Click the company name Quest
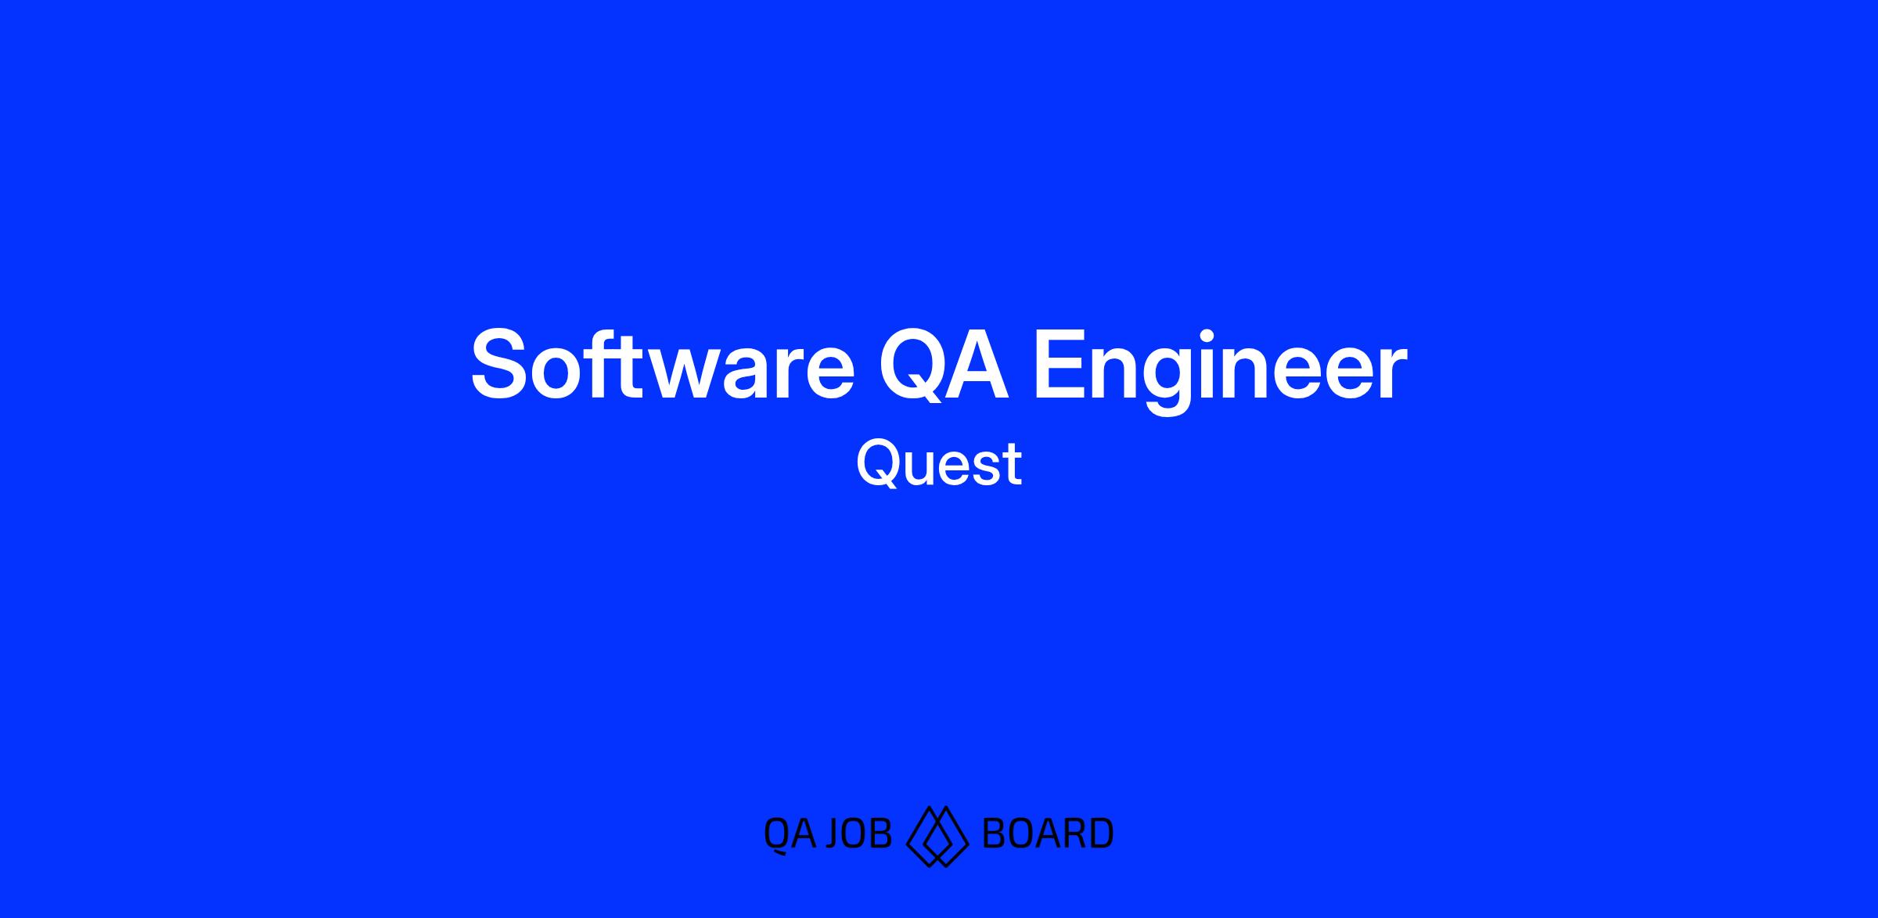point(939,464)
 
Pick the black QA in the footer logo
point(790,833)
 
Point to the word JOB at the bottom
point(858,833)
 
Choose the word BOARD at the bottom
point(1047,833)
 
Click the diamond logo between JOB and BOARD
point(937,836)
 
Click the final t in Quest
point(1013,466)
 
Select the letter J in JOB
point(833,834)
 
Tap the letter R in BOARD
point(1071,833)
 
